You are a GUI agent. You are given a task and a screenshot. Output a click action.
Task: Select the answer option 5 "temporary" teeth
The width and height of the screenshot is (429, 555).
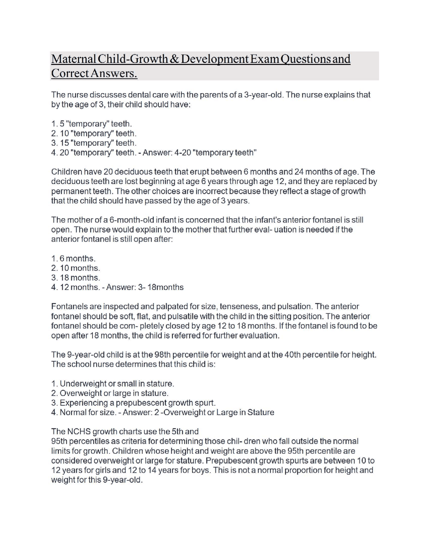click(94, 124)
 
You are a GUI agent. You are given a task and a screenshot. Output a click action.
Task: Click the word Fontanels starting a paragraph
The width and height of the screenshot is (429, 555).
click(69, 307)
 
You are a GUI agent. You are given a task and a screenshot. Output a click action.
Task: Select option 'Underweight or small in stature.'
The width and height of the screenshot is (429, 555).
click(117, 384)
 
